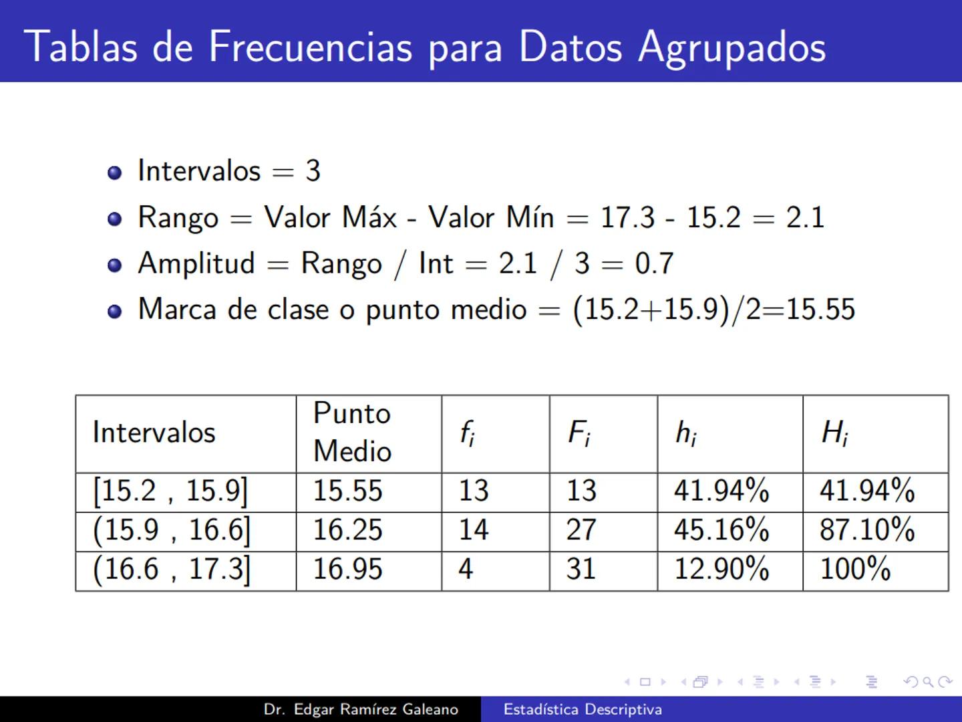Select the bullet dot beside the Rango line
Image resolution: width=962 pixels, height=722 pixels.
click(x=115, y=219)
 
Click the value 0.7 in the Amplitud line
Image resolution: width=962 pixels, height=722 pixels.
click(x=654, y=263)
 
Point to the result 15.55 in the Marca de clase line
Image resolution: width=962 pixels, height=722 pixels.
click(x=820, y=310)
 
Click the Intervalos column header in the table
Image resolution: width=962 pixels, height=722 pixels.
click(x=154, y=433)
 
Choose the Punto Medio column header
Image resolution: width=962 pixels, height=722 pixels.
click(x=352, y=432)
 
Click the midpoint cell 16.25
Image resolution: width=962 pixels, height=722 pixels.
click(x=348, y=530)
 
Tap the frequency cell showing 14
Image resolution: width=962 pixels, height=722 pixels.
click(x=473, y=530)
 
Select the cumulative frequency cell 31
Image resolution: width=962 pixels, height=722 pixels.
click(x=581, y=569)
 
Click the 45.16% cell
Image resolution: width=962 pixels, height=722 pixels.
click(x=721, y=530)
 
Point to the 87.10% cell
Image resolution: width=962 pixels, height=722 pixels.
click(x=866, y=530)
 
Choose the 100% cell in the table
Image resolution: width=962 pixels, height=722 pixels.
click(x=855, y=569)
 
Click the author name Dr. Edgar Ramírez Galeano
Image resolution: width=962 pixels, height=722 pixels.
click(x=361, y=709)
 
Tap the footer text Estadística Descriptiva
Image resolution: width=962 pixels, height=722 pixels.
click(x=583, y=709)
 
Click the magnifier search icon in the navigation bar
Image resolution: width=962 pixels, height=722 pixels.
click(x=928, y=682)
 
